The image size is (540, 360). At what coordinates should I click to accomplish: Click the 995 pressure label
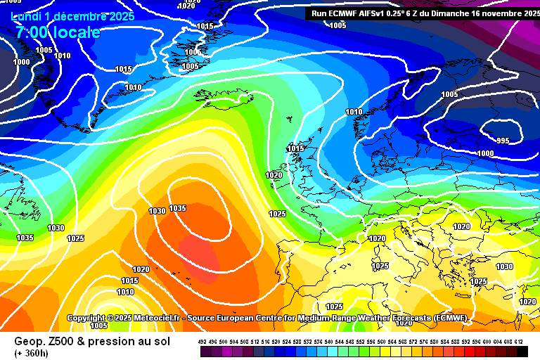(503, 141)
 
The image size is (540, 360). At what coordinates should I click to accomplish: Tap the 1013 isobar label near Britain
(295, 149)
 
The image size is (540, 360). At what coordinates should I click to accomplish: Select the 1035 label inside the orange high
(177, 208)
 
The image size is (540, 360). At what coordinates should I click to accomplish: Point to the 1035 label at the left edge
(25, 238)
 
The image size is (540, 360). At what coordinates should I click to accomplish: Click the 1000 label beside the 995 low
(485, 153)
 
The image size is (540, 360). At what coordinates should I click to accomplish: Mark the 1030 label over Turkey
(504, 266)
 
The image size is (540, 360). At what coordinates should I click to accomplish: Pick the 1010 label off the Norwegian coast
(354, 112)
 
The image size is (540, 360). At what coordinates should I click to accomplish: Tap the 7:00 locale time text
(56, 32)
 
